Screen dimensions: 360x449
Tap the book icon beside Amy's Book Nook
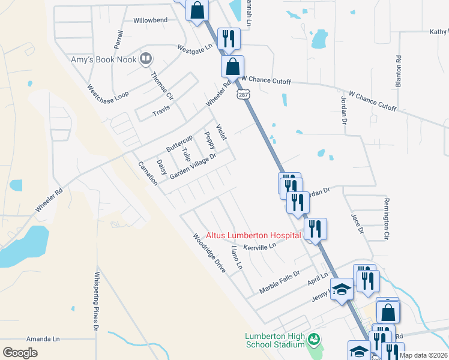(146, 58)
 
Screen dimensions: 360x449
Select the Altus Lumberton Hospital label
(253, 235)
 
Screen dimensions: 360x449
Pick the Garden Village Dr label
(192, 165)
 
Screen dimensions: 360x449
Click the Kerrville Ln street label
(259, 246)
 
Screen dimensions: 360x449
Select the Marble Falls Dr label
(279, 281)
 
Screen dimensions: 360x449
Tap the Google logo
(20, 352)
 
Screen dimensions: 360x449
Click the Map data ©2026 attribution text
(423, 355)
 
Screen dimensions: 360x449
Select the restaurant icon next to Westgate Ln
(228, 40)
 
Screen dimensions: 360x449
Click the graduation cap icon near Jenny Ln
(342, 290)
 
